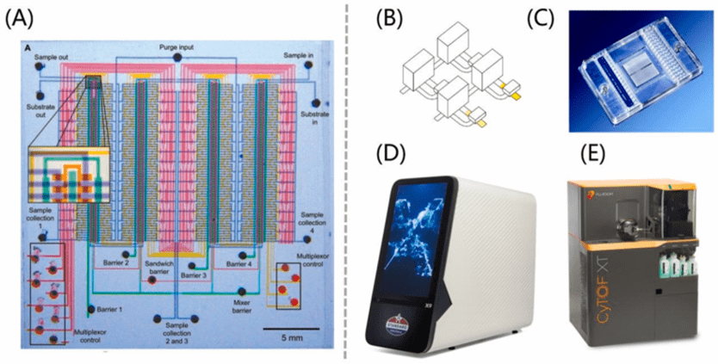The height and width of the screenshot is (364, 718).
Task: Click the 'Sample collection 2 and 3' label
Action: pos(176,330)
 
